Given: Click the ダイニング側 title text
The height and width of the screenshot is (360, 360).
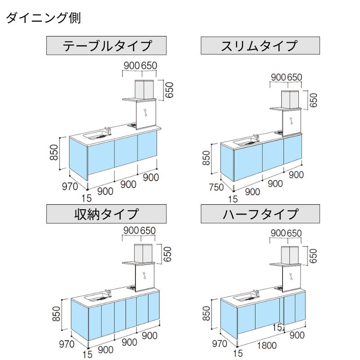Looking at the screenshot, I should pyautogui.click(x=43, y=18).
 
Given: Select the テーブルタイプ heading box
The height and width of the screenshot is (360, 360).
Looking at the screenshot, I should pyautogui.click(x=107, y=45).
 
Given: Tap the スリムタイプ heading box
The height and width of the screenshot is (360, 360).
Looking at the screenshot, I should pyautogui.click(x=260, y=45).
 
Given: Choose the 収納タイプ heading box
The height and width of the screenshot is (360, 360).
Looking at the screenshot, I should pyautogui.click(x=107, y=213).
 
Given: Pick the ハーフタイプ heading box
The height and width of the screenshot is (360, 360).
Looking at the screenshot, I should pyautogui.click(x=260, y=213).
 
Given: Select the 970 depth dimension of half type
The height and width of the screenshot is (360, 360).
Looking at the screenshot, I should pyautogui.click(x=220, y=344).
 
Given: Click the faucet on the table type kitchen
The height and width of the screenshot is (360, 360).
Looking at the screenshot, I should pyautogui.click(x=107, y=130).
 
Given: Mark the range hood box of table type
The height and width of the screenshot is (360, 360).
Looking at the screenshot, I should pyautogui.click(x=144, y=89).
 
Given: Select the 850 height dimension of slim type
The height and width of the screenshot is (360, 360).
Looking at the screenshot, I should pyautogui.click(x=206, y=158).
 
